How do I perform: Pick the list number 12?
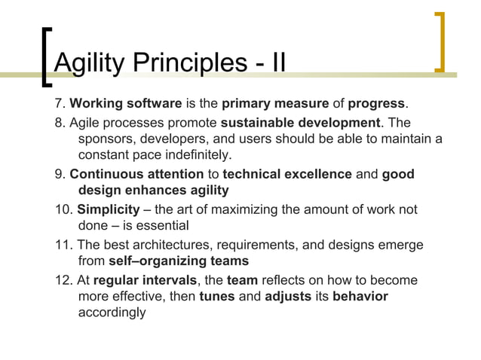(x=63, y=280)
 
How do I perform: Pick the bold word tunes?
(x=216, y=296)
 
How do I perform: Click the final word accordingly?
(x=112, y=312)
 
